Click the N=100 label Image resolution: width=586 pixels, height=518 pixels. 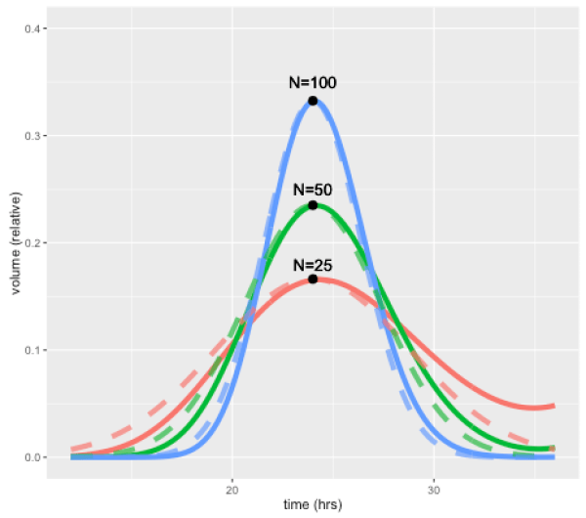click(x=313, y=83)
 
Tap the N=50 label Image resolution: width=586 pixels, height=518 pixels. click(x=313, y=189)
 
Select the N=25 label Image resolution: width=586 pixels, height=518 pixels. click(x=313, y=265)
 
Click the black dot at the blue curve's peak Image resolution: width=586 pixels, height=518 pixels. click(x=313, y=101)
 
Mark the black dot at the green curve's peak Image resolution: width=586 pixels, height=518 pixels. click(x=313, y=205)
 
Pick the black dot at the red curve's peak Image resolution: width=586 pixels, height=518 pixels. click(x=313, y=280)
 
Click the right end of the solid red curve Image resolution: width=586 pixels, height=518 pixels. click(x=554, y=406)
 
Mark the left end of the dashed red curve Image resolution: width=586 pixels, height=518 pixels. click(x=72, y=451)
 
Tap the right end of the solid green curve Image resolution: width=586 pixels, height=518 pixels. click(x=554, y=448)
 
